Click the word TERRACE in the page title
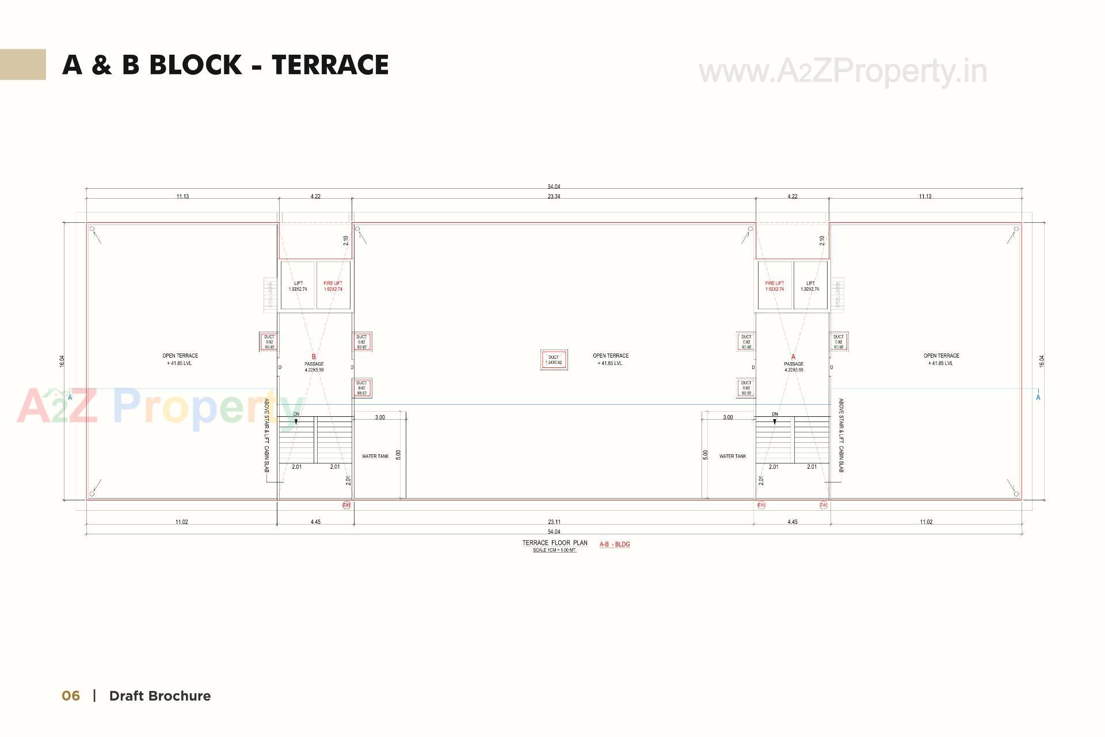(330, 65)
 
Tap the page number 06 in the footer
(71, 696)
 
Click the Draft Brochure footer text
(160, 696)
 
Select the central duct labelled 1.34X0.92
(554, 360)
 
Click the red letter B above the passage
(314, 357)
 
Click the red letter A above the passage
(793, 357)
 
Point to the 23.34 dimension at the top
(554, 196)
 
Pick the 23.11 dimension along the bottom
(554, 522)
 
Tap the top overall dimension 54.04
(554, 187)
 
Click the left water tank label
(375, 456)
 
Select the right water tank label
(732, 456)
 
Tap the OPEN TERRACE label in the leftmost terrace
(180, 356)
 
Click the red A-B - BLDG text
(615, 544)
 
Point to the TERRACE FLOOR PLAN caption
(555, 543)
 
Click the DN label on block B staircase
(296, 414)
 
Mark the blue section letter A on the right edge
(1038, 397)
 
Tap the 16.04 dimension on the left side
(62, 361)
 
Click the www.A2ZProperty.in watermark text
(843, 71)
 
